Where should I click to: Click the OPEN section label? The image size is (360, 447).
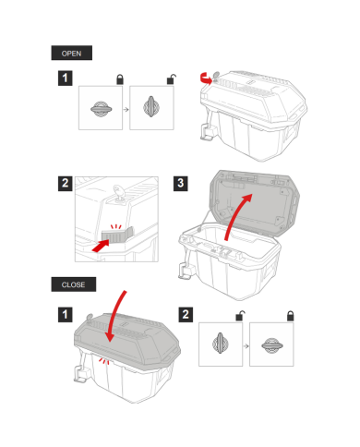[71, 53]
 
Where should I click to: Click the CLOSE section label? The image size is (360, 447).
[73, 284]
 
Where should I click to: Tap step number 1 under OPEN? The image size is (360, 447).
[65, 79]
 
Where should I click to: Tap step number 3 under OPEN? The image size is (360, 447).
[181, 184]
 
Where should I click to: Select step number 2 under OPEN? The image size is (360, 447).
[65, 184]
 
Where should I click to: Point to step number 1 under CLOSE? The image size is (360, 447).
[65, 315]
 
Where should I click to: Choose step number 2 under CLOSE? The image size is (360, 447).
[186, 315]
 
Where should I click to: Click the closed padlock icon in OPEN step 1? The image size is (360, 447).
[120, 79]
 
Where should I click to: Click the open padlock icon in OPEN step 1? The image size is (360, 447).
[171, 79]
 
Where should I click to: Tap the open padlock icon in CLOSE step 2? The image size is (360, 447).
[240, 316]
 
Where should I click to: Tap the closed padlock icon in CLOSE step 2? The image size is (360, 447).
[291, 316]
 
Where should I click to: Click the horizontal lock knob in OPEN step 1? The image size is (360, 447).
[101, 109]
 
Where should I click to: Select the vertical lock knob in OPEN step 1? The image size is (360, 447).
[151, 107]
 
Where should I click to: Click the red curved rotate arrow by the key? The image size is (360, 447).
[206, 79]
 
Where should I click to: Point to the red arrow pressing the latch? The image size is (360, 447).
[101, 246]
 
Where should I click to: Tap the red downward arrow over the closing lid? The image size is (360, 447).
[115, 317]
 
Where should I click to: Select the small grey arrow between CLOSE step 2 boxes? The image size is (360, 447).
[246, 346]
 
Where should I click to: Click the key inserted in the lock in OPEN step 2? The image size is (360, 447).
[119, 192]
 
